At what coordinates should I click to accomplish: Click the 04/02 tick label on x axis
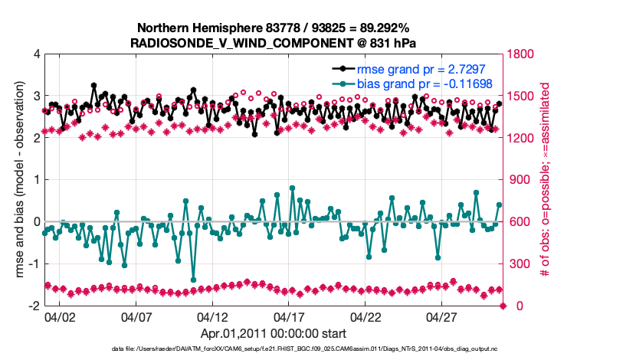[x=60, y=316]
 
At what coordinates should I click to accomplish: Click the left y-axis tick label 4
[x=37, y=54]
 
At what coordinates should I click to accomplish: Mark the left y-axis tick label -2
[x=34, y=306]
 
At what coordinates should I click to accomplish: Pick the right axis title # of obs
[x=546, y=180]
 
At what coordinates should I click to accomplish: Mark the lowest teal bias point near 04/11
[x=193, y=280]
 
